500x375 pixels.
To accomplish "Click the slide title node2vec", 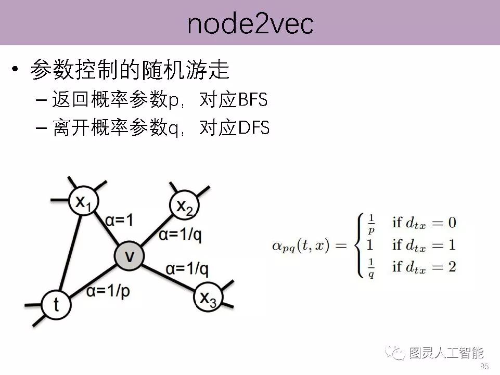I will pos(250,23).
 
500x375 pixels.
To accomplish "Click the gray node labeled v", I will pos(129,256).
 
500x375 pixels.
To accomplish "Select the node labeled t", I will pos(56,304).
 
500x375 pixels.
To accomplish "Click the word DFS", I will pos(254,128).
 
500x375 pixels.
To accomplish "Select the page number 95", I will pos(484,367).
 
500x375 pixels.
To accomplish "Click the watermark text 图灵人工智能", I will pos(446,354).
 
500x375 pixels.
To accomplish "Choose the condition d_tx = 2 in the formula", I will pos(425,267).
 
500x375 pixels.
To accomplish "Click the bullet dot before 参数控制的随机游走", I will pos(15,71).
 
